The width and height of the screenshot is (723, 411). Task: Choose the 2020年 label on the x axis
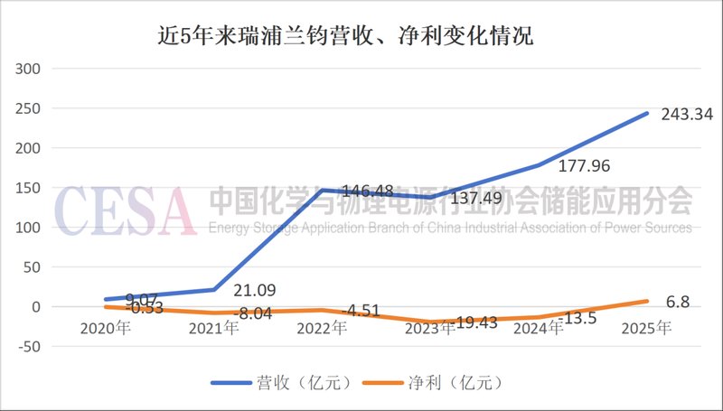click(105, 328)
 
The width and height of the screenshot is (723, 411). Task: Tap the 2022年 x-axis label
click(322, 328)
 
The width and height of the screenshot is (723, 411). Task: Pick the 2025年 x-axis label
click(647, 328)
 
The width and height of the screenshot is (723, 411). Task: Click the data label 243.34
click(683, 114)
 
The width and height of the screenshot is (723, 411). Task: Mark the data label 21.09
click(256, 291)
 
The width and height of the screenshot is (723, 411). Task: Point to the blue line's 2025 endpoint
click(647, 113)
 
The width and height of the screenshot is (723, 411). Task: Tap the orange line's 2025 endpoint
click(647, 301)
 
